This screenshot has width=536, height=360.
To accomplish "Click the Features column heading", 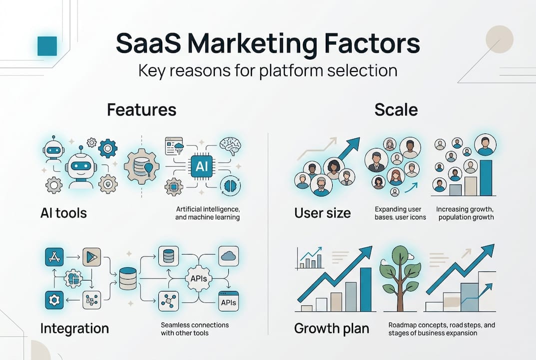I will (x=141, y=109).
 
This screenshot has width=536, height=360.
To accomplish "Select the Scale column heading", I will (x=396, y=109).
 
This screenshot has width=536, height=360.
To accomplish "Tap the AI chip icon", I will (x=201, y=167).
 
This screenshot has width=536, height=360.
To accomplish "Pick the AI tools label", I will (x=63, y=213).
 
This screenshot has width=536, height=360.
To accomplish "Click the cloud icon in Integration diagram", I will (x=228, y=256).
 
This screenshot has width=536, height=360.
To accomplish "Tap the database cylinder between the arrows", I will (x=128, y=278).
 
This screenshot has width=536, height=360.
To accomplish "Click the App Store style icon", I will (x=53, y=256).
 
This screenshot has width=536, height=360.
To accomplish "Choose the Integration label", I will (x=74, y=328).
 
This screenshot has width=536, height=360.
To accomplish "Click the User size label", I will (x=322, y=213).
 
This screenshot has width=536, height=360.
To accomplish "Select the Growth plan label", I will (x=332, y=328).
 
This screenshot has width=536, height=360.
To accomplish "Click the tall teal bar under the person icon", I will (x=486, y=177).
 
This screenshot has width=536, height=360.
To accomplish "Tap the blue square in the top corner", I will (x=47, y=45).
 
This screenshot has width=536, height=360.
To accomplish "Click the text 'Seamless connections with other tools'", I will (x=195, y=328).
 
